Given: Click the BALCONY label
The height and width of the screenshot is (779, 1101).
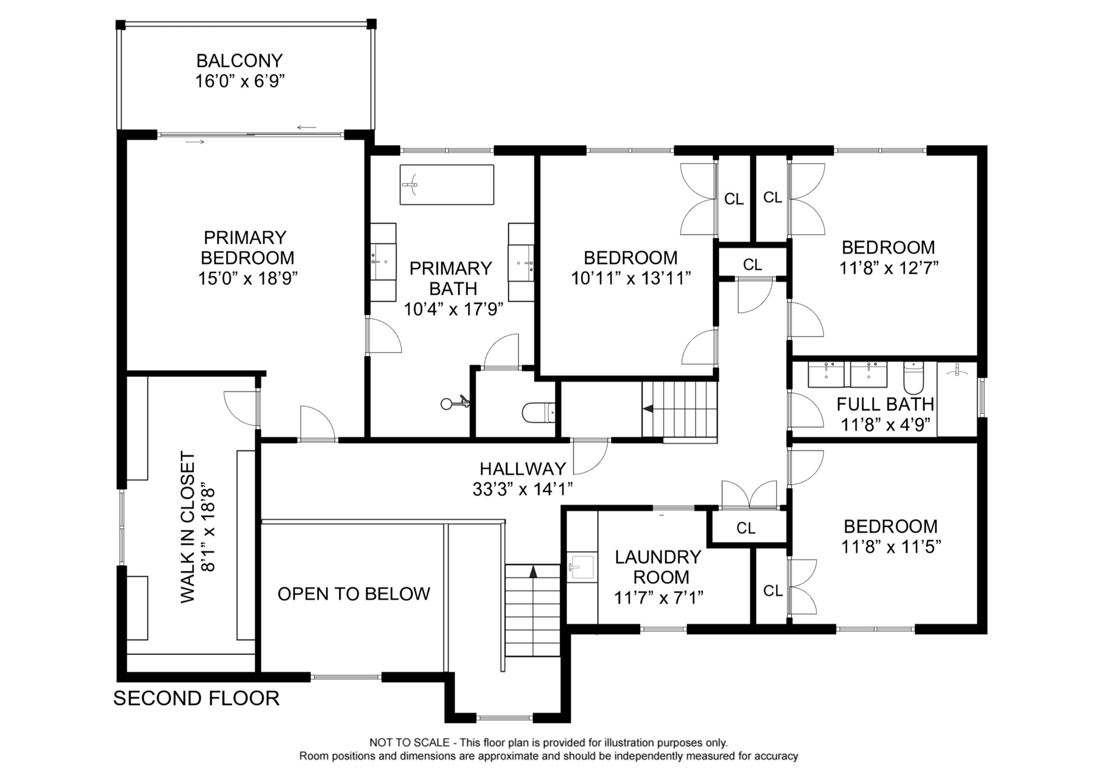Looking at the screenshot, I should click(x=239, y=60).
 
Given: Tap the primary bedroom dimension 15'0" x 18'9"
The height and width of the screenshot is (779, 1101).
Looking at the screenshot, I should click(x=248, y=278).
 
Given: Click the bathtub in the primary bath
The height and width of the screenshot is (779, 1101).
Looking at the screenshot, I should click(x=447, y=185).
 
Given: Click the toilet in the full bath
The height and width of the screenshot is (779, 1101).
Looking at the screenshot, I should click(x=913, y=378).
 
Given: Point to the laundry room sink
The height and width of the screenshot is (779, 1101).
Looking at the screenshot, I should click(x=582, y=566).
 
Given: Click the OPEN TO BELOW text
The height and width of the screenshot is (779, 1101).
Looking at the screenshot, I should click(x=354, y=594).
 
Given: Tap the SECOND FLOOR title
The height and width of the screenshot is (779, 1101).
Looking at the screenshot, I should click(x=196, y=698).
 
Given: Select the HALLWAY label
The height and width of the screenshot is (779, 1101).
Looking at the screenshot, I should click(x=523, y=469).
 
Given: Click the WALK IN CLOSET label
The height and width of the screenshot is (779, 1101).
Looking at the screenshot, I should click(x=188, y=527).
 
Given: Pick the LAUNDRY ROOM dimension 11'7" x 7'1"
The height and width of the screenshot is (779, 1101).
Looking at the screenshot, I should click(x=659, y=598).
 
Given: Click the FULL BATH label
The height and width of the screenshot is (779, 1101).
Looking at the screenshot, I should click(x=885, y=404).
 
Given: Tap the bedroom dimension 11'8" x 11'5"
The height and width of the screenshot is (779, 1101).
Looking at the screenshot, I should click(x=891, y=547).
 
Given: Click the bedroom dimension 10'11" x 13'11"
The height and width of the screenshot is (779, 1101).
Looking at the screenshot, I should click(x=631, y=278).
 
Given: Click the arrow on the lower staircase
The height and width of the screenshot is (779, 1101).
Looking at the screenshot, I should click(x=533, y=572).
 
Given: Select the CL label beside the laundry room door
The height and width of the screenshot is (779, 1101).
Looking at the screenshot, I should click(x=746, y=528).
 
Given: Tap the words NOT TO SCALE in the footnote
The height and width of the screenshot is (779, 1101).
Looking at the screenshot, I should click(x=409, y=743).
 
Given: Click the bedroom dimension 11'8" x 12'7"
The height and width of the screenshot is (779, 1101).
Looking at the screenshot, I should click(x=889, y=268).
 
